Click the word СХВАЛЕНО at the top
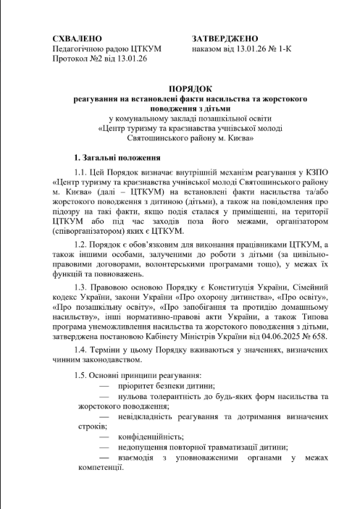pyautogui.click(x=78, y=36)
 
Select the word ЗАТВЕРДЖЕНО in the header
pyautogui.click(x=226, y=36)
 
